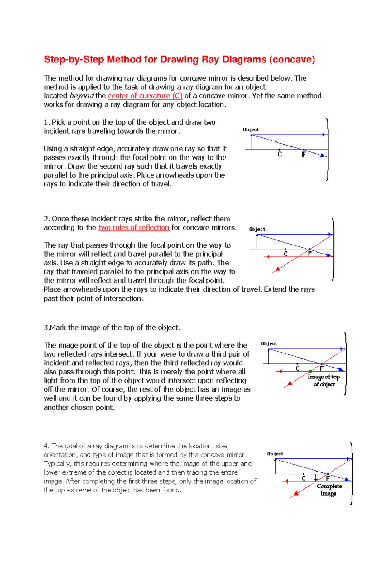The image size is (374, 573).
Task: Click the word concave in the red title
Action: [292, 59]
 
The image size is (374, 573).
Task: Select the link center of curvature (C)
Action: [145, 96]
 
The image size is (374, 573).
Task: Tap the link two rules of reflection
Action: [134, 228]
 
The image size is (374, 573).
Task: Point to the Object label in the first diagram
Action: [251, 129]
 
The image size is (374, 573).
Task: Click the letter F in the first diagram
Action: [304, 155]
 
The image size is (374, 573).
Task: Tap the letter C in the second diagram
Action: [285, 254]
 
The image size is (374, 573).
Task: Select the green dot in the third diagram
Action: [310, 371]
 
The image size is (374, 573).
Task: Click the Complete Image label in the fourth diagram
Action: [329, 490]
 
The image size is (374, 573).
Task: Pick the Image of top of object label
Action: [324, 381]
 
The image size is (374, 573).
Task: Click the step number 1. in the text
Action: [47, 122]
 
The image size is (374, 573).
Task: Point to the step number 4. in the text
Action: [47, 446]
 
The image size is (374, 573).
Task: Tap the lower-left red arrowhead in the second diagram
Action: [277, 269]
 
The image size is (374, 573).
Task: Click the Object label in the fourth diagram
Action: [275, 454]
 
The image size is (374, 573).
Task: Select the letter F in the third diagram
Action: [322, 368]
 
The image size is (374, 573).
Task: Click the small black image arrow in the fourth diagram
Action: [316, 478]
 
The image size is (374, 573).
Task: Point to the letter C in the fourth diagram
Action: [304, 478]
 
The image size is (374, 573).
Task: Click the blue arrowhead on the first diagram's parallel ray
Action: [324, 135]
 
